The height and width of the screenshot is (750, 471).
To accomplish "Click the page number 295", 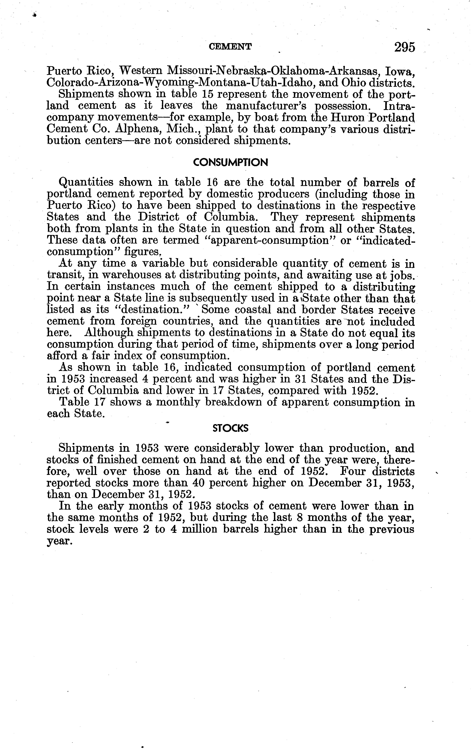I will tap(404, 47).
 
